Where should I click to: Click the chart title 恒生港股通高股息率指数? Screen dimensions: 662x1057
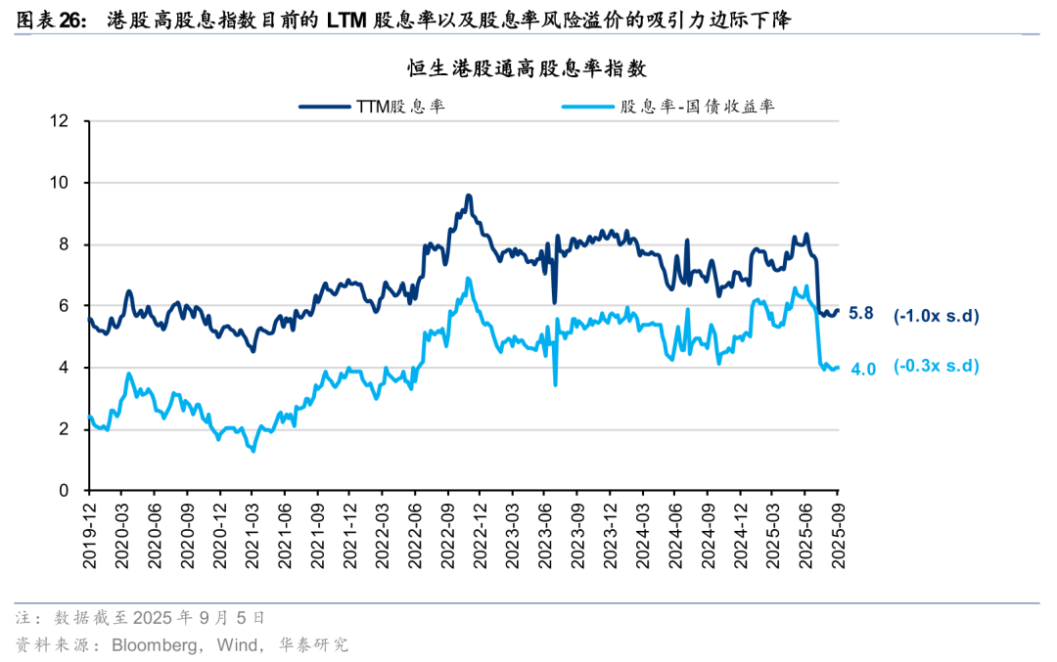pyautogui.click(x=528, y=68)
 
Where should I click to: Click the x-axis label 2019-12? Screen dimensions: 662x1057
pyautogui.click(x=89, y=533)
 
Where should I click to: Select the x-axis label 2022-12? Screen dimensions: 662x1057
pyautogui.click(x=479, y=533)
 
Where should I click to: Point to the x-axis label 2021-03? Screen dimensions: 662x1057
pyautogui.click(x=252, y=533)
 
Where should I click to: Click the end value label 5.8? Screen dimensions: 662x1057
pyautogui.click(x=860, y=315)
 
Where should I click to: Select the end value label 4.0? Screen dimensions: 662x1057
pyautogui.click(x=862, y=369)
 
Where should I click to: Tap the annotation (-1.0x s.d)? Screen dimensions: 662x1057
pyautogui.click(x=936, y=315)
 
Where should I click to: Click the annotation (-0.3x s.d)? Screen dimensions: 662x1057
pyautogui.click(x=936, y=367)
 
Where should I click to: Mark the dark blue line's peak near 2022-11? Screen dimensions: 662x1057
pyautogui.click(x=469, y=196)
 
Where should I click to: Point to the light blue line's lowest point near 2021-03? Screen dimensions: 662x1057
pyautogui.click(x=253, y=451)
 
